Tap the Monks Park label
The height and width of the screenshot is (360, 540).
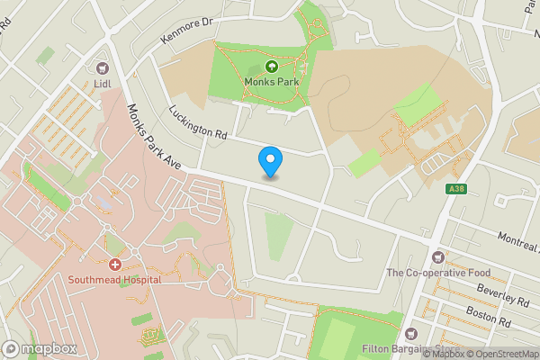click(271, 81)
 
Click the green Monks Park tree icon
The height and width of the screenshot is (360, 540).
click(271, 66)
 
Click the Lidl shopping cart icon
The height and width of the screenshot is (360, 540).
click(100, 67)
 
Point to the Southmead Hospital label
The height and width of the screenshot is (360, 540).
click(114, 279)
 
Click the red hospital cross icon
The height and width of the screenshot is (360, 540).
click(115, 265)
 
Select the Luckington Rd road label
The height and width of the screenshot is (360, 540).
click(198, 122)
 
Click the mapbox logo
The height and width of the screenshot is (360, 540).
click(40, 347)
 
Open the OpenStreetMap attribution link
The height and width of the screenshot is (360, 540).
click(500, 354)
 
